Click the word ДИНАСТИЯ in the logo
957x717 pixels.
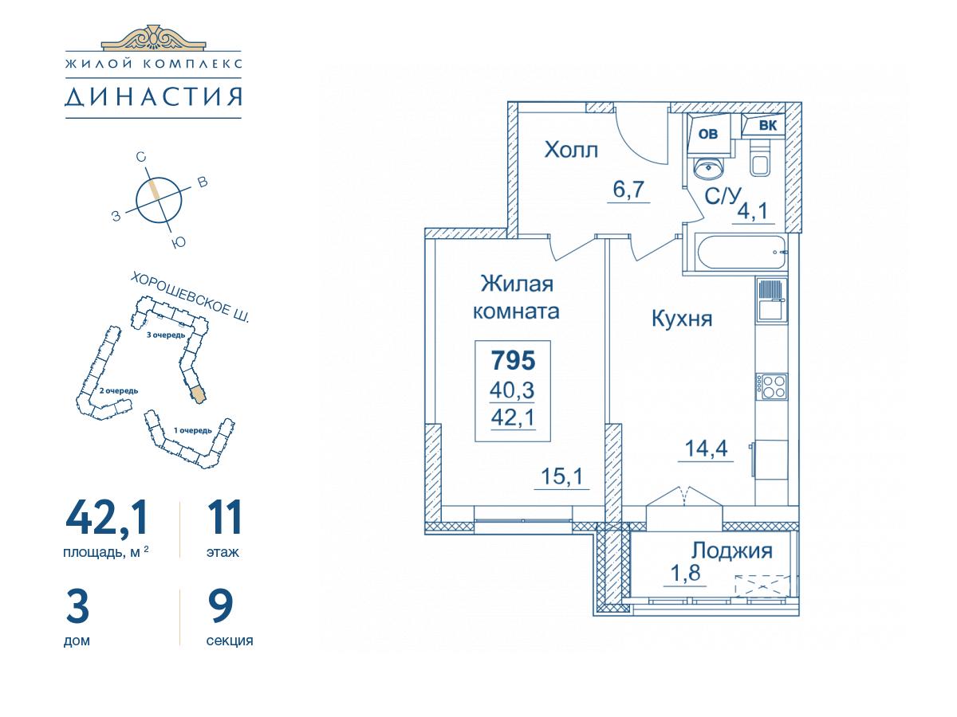[x=153, y=97]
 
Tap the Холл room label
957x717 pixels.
[x=571, y=151]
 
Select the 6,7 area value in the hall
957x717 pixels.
[x=628, y=190]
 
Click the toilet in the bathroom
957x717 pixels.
[x=762, y=158]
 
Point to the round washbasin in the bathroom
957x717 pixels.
[x=708, y=168]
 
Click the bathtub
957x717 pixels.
[x=741, y=253]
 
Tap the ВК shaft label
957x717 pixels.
[x=768, y=125]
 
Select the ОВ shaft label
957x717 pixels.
[x=707, y=134]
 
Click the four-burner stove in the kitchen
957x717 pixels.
[x=772, y=386]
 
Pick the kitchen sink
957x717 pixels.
[x=772, y=300]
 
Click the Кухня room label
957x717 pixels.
[x=682, y=319]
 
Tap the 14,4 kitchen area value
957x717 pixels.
[x=706, y=449]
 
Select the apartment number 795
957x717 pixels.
[x=513, y=360]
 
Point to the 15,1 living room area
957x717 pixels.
[x=561, y=476]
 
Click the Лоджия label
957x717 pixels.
[x=732, y=551]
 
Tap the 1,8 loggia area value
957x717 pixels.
[x=685, y=573]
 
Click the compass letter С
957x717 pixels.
[x=141, y=157]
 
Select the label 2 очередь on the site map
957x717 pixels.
[x=119, y=391]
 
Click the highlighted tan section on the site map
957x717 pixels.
[x=199, y=394]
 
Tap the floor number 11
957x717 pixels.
[x=224, y=518]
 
